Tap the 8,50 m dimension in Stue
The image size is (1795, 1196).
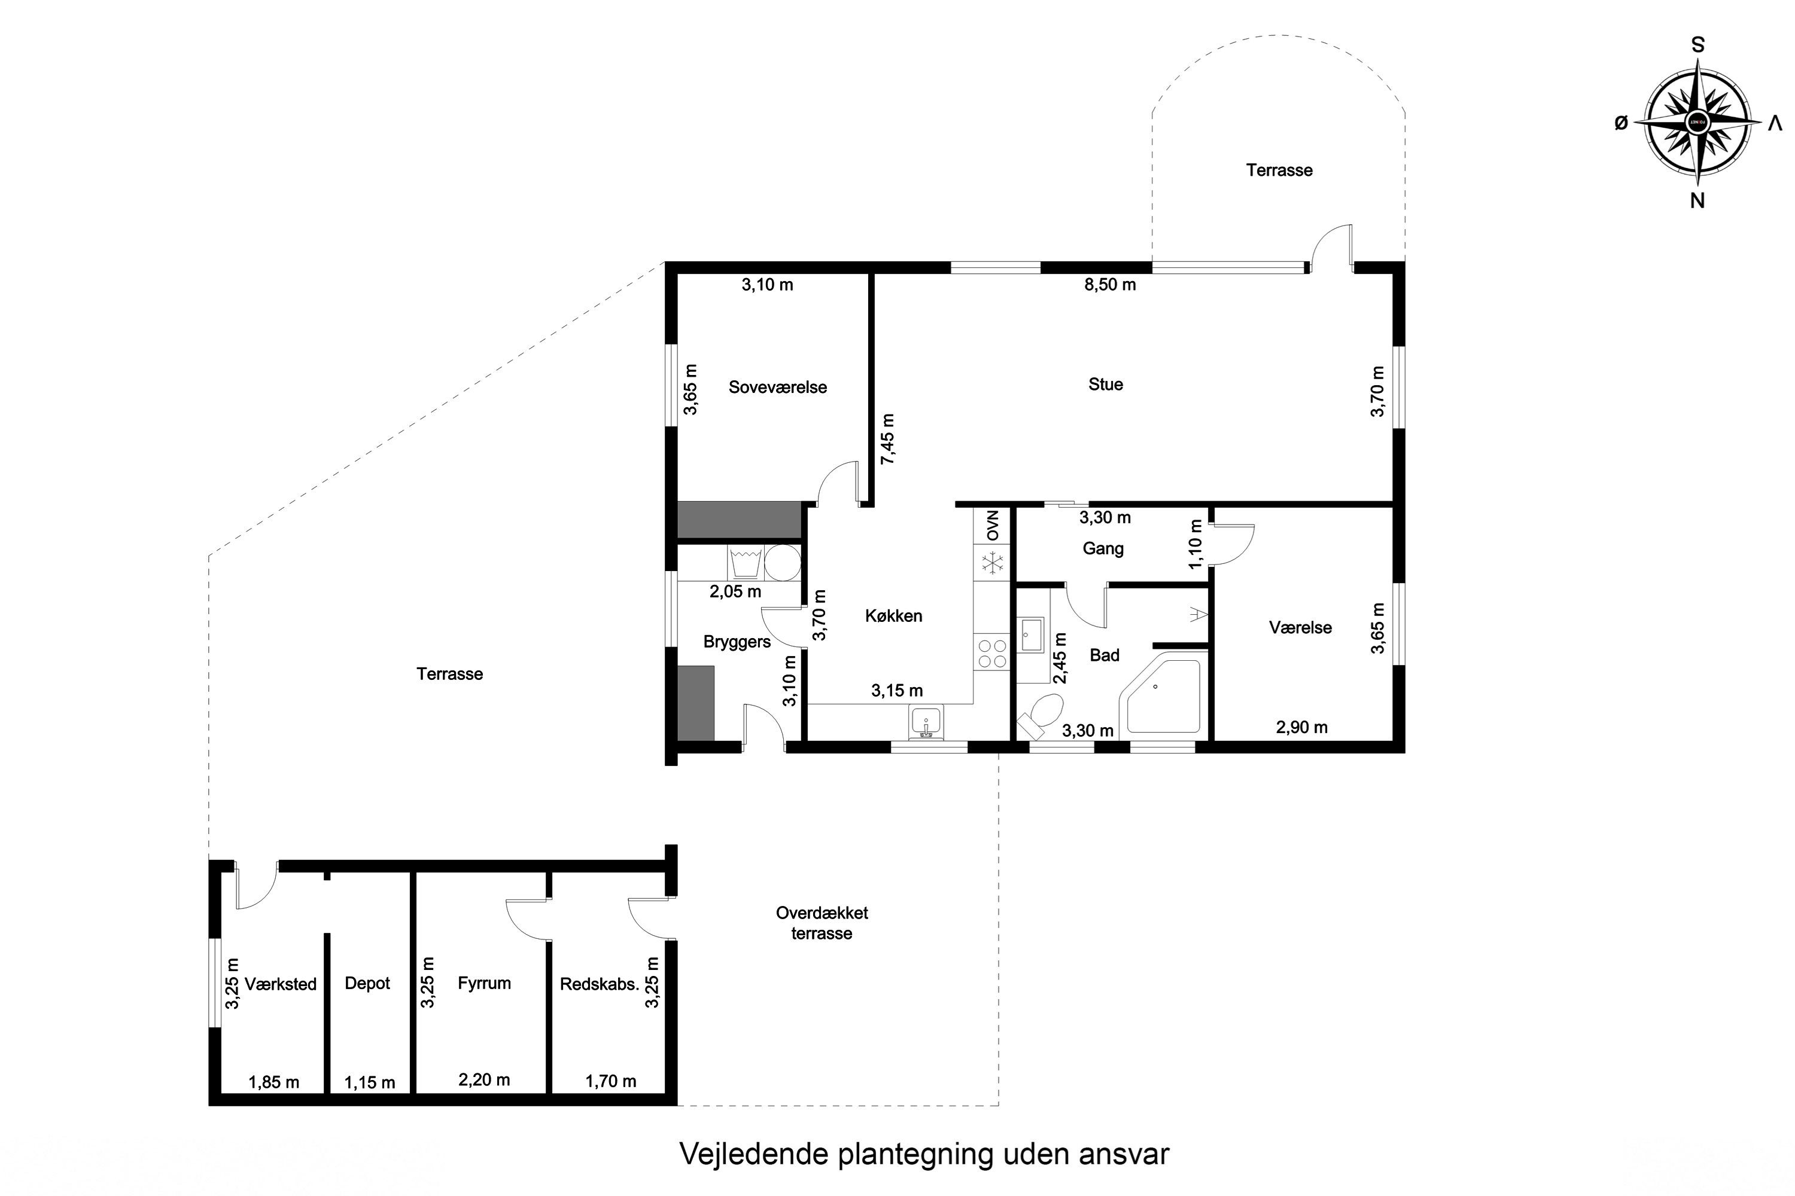[1110, 285]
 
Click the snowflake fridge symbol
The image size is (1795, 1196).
[992, 564]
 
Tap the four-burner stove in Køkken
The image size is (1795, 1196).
[992, 654]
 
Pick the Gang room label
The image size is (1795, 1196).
[1103, 548]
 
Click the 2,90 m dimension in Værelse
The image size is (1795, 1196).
[1301, 728]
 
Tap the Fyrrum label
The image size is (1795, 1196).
[484, 983]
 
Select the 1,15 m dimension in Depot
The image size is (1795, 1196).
[369, 1082]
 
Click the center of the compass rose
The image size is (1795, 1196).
[1697, 122]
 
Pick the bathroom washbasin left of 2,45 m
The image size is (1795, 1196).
[1032, 634]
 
